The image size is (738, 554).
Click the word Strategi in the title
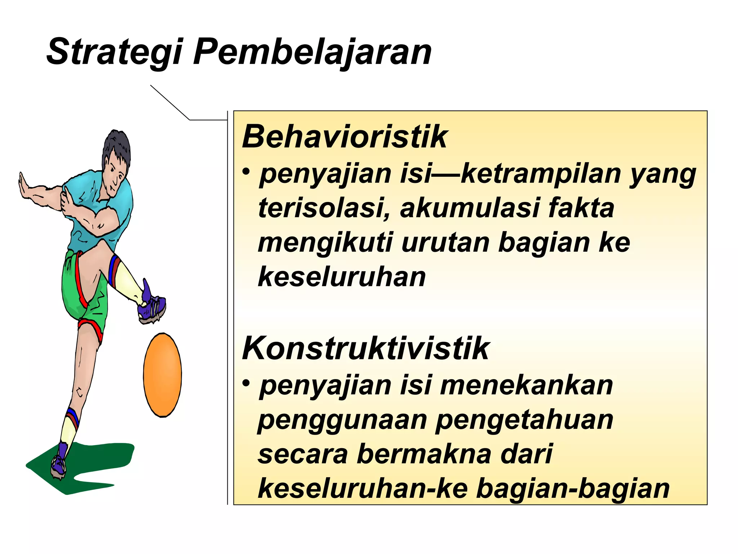tap(115, 52)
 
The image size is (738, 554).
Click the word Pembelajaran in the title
tap(312, 52)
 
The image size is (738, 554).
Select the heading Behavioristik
tap(344, 137)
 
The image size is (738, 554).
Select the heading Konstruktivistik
tap(365, 348)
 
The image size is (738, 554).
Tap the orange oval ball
tap(163, 375)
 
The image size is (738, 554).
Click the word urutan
tap(445, 243)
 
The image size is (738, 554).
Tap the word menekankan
tap(526, 385)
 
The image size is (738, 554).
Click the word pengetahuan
tap(524, 420)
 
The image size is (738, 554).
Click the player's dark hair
tap(116, 144)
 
